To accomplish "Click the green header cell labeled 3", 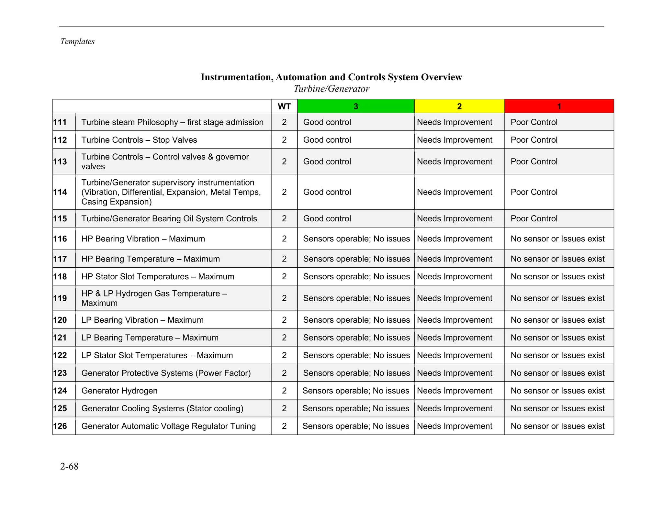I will tap(355, 106).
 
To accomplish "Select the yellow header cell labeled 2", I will tap(459, 106).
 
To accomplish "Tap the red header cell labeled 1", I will tap(559, 106).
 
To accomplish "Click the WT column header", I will tap(284, 106).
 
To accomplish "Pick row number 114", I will tap(61, 192).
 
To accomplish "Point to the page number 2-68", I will tap(69, 466).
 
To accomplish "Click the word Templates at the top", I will tap(77, 41).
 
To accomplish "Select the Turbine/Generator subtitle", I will tap(331, 89).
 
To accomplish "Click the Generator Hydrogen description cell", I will tap(119, 391).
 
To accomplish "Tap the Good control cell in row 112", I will tap(327, 140).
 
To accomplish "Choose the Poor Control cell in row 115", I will tap(534, 219).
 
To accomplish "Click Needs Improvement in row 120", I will tap(455, 320).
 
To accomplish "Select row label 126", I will tap(61, 426).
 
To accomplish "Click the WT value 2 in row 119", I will tap(284, 298).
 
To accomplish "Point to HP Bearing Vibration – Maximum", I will tap(143, 239).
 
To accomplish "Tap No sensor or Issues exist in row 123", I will tap(557, 373).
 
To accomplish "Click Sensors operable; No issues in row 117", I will tap(356, 259).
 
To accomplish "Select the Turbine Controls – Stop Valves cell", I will tap(139, 140).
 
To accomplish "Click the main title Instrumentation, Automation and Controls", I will tap(331, 77).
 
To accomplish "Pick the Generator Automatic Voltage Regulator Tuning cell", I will tap(168, 426).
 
